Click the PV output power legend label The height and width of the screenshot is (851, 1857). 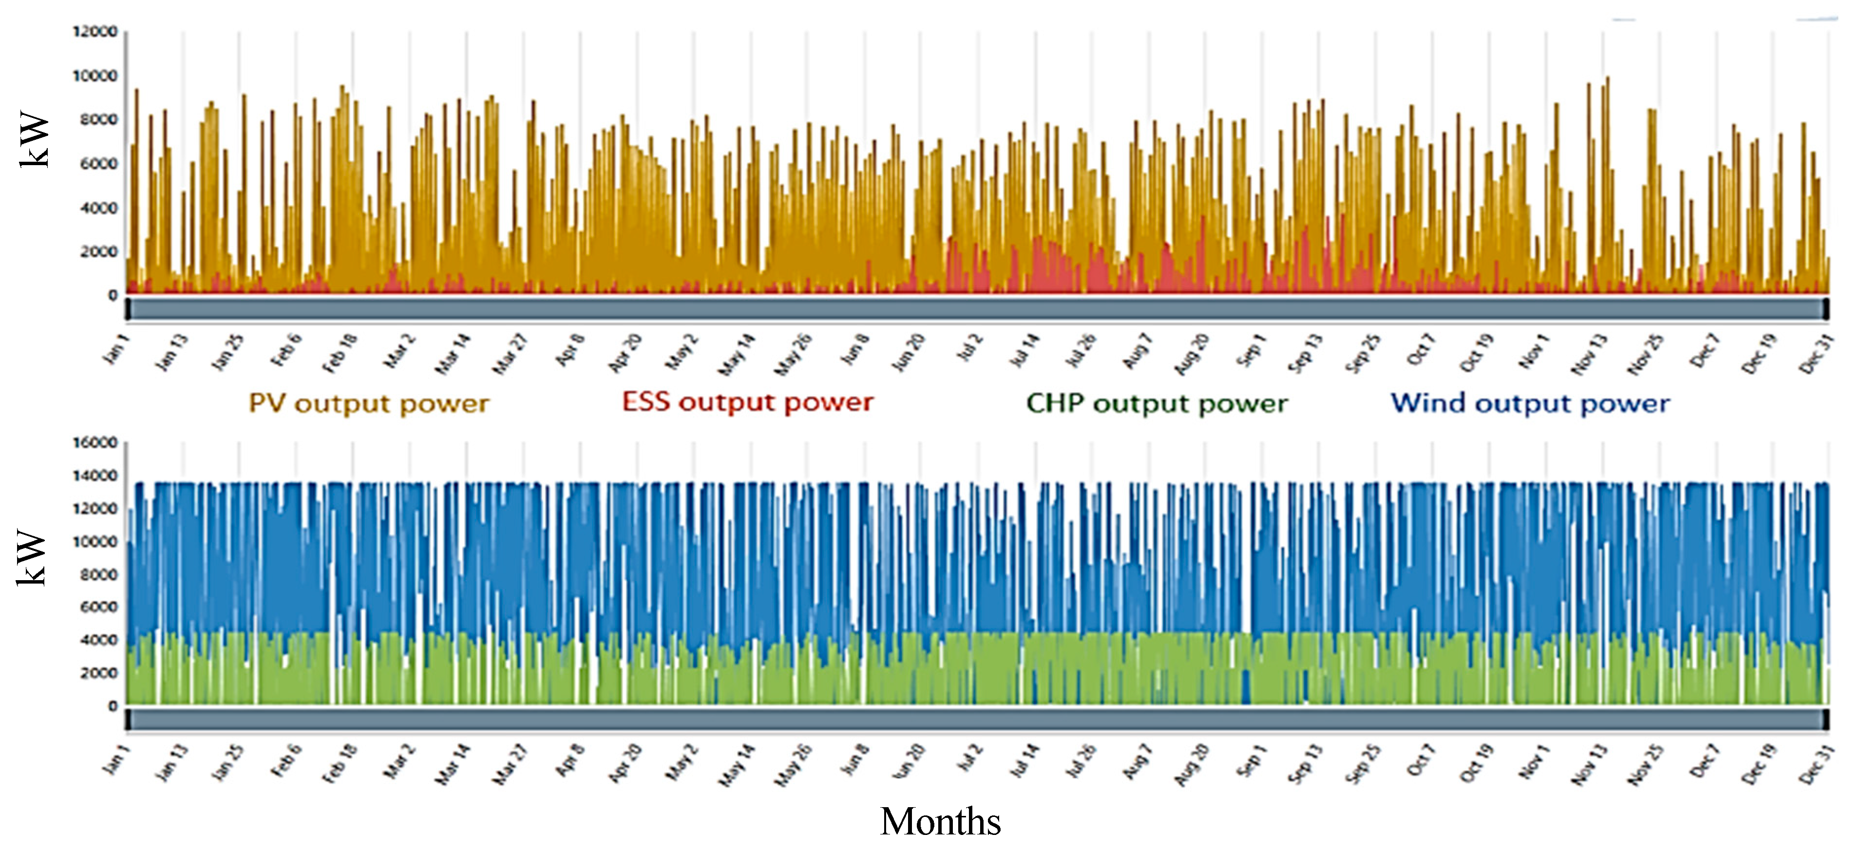click(x=368, y=403)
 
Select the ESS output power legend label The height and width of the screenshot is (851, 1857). click(x=748, y=402)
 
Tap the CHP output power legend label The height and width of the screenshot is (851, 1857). click(x=1156, y=403)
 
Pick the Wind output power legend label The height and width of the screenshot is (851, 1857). click(x=1530, y=403)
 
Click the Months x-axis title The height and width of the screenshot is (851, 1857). click(x=940, y=821)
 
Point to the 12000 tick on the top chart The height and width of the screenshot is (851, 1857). click(x=95, y=32)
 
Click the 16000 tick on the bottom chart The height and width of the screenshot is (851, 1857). click(x=95, y=442)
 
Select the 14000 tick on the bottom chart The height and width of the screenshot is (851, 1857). click(x=95, y=475)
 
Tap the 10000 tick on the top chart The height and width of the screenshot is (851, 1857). click(x=95, y=76)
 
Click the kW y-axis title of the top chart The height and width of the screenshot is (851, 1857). click(x=34, y=140)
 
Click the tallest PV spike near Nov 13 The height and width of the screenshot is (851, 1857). click(x=1608, y=79)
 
